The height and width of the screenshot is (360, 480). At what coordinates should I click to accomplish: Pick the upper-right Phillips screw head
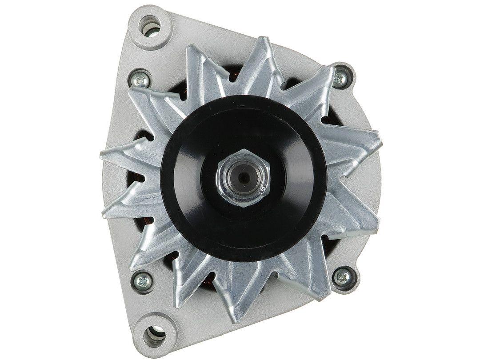tap(340, 78)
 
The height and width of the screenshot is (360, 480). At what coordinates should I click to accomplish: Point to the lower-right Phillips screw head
tap(343, 277)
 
